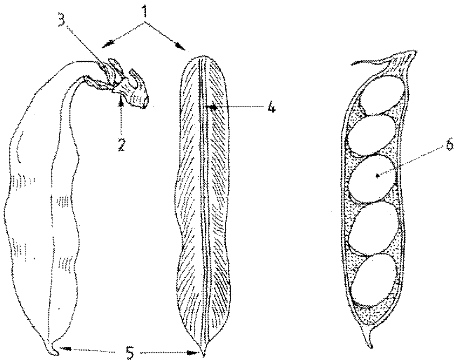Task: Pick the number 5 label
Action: click(130, 353)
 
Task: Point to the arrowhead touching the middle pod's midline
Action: click(209, 108)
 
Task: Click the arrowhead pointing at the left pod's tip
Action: click(64, 348)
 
